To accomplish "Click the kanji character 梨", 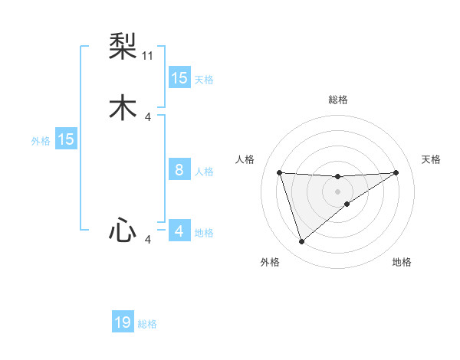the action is tap(122, 47).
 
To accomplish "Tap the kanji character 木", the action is tap(122, 108).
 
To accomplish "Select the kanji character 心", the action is tap(122, 230).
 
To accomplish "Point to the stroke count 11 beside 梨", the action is tap(148, 56).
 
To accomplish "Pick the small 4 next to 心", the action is tap(148, 240).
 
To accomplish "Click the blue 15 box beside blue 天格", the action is tap(179, 78).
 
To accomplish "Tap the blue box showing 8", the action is tap(179, 170).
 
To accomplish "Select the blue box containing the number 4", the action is tap(179, 231).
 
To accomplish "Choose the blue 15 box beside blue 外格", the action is tap(66, 139).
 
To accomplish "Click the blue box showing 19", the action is tap(123, 322).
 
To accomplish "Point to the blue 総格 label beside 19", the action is tap(148, 324).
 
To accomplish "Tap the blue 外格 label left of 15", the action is tap(41, 140).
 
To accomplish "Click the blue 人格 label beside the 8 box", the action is tap(204, 172).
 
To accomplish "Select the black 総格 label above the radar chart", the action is tap(337, 100).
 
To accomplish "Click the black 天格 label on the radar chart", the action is tap(432, 159).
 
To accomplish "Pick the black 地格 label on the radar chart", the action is tap(402, 262).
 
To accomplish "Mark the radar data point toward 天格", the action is tap(396, 172).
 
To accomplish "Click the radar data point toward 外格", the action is tap(301, 242).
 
